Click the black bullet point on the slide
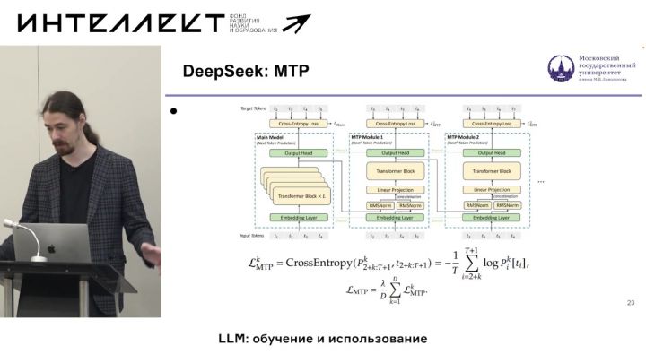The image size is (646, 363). pyautogui.click(x=176, y=112)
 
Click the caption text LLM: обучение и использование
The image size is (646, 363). pyautogui.click(x=322, y=340)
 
